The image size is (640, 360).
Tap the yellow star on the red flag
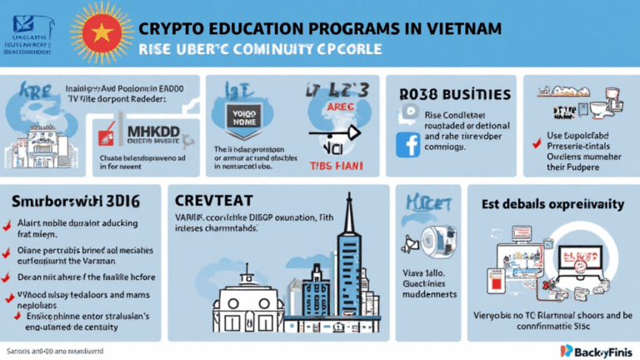coord(97,32)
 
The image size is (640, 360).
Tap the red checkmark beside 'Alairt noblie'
coord(7,223)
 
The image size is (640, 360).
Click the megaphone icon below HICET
coord(410,243)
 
